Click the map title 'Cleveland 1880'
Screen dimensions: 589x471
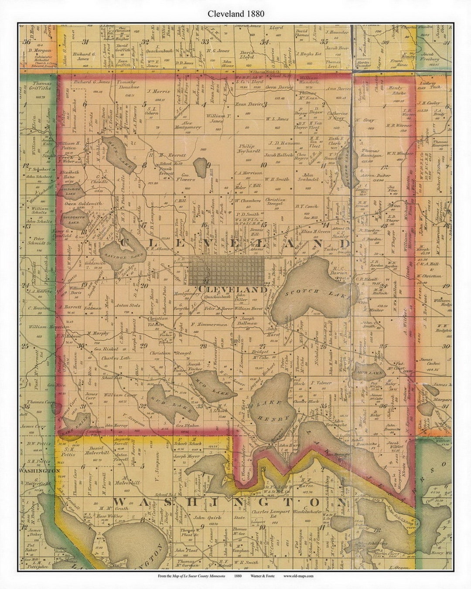(x=235, y=14)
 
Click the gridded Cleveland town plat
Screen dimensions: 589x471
(x=226, y=270)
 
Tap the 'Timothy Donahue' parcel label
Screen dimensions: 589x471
(x=128, y=84)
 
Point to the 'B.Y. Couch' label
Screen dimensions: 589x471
(x=306, y=207)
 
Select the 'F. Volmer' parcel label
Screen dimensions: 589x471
(x=322, y=383)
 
